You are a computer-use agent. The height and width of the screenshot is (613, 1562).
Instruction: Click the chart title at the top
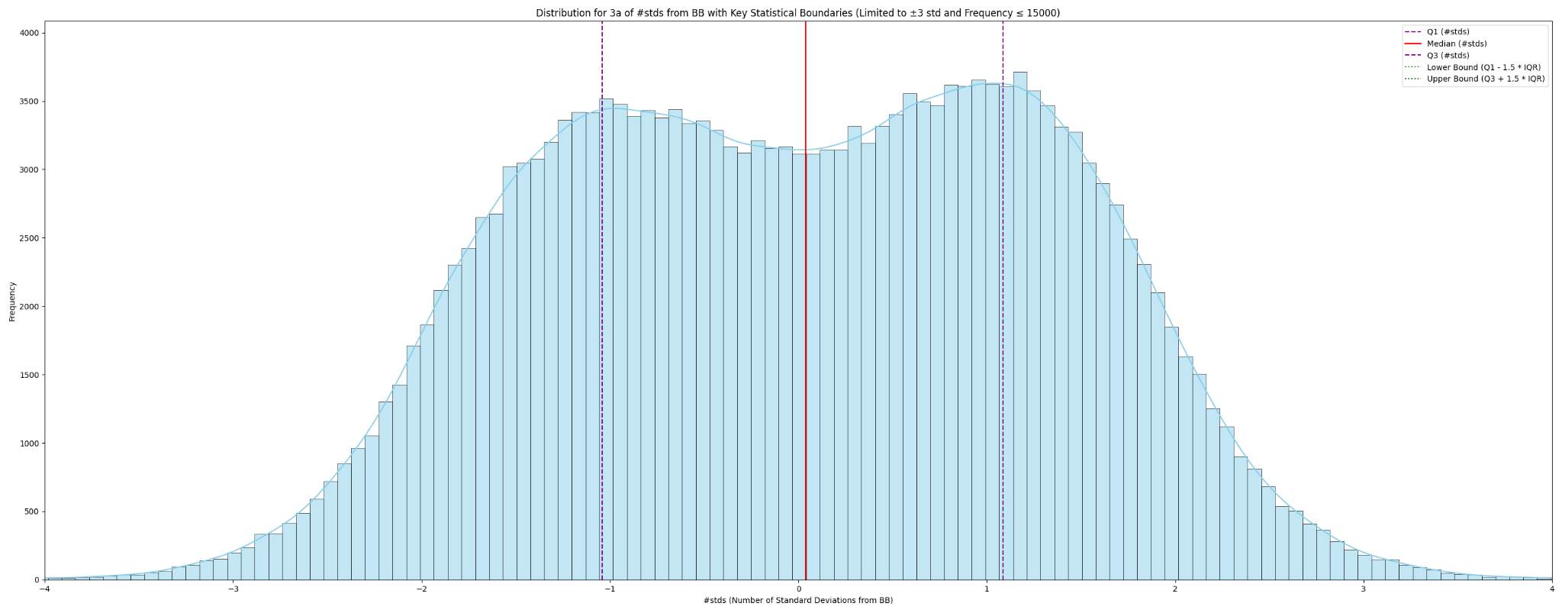tap(797, 13)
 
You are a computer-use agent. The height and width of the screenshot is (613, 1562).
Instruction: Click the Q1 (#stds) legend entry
tap(1448, 32)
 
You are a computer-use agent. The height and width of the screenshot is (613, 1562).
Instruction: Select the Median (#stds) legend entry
tap(1456, 44)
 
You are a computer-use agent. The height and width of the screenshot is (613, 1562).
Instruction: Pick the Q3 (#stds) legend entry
tap(1448, 56)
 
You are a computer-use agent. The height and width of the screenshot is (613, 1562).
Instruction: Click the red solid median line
tap(806, 305)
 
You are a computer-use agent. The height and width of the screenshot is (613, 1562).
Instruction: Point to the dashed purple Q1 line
tap(602, 305)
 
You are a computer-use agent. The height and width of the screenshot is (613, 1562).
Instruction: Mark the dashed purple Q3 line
tap(1003, 305)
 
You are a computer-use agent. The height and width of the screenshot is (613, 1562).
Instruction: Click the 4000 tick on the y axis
tap(31, 33)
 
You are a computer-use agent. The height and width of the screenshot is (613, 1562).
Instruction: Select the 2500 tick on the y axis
tap(31, 238)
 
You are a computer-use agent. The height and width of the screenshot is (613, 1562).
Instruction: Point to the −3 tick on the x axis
tap(233, 589)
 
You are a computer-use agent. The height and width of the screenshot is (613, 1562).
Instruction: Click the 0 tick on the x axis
tap(798, 589)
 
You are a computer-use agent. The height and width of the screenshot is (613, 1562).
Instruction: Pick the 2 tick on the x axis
tap(1175, 589)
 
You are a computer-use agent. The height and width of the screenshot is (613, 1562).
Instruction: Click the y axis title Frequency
tap(12, 301)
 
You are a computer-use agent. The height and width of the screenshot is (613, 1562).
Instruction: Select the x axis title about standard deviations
tap(797, 601)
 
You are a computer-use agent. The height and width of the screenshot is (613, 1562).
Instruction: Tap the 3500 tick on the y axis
tap(31, 102)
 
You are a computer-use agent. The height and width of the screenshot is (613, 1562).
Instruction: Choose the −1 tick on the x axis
tap(609, 589)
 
